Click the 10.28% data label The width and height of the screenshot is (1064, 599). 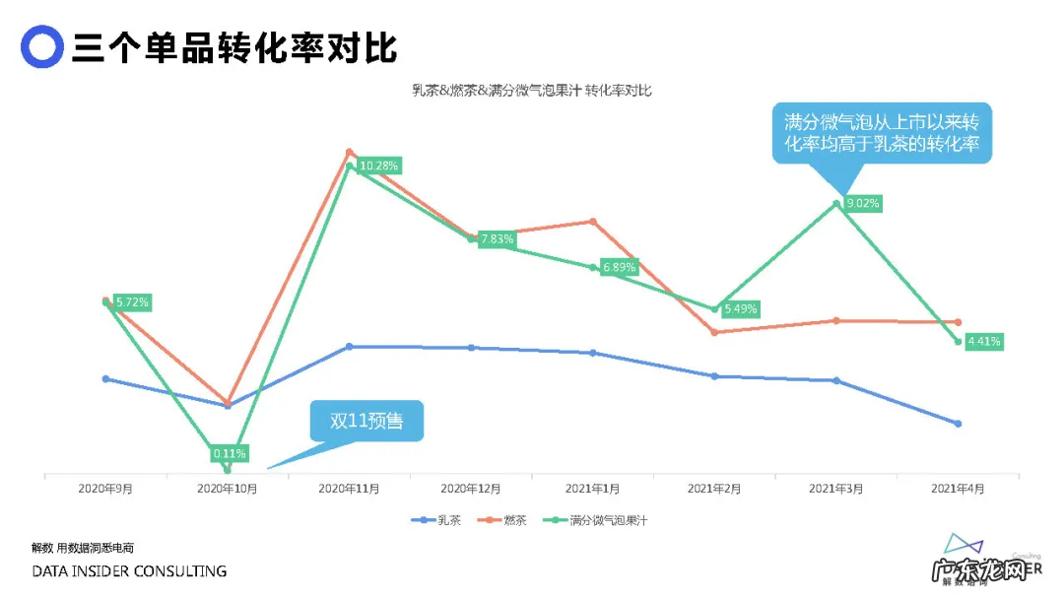click(379, 166)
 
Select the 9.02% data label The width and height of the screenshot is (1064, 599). click(863, 204)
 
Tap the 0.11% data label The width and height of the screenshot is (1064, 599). click(230, 454)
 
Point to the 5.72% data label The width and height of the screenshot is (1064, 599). click(131, 302)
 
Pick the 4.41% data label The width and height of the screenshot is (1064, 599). click(984, 342)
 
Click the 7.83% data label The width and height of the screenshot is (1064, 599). click(498, 239)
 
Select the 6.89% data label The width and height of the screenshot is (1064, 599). click(620, 267)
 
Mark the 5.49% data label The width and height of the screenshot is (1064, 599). click(740, 309)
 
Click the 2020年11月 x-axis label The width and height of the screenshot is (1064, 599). click(349, 489)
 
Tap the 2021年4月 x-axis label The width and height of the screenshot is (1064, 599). click(958, 489)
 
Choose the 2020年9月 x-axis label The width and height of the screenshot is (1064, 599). click(105, 489)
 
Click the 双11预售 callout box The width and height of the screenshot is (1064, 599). click(366, 421)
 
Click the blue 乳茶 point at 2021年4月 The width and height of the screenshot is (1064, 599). click(958, 424)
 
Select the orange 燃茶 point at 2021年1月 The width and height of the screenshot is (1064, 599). click(593, 221)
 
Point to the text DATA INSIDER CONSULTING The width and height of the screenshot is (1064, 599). click(129, 571)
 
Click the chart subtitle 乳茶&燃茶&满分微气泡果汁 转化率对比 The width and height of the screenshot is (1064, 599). click(531, 91)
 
